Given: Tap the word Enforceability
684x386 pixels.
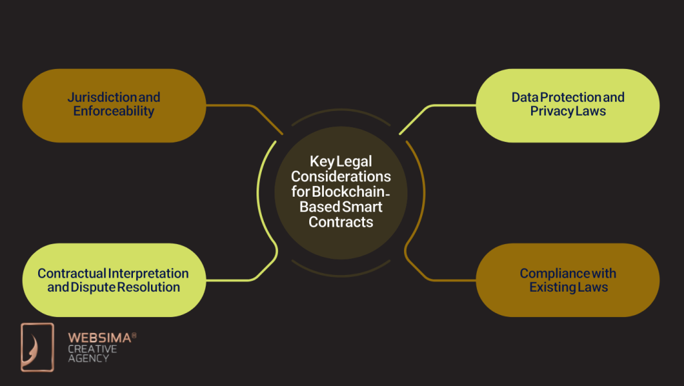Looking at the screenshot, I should click(114, 111).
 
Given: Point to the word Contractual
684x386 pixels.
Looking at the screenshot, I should click(72, 273).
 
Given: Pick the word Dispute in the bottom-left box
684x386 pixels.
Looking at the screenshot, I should click(94, 287).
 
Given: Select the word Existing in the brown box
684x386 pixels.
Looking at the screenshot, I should click(554, 287).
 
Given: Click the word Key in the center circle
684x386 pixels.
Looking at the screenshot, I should click(322, 162).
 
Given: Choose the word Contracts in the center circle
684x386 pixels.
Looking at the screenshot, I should click(341, 221).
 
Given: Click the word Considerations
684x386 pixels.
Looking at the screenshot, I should click(341, 177).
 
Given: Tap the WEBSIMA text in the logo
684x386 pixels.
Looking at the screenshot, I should click(98, 339).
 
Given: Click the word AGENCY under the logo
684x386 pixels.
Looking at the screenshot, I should click(88, 359).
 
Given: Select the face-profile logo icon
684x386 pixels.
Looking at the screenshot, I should click(37, 347).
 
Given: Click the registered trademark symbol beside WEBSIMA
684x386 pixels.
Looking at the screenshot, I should click(134, 335).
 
